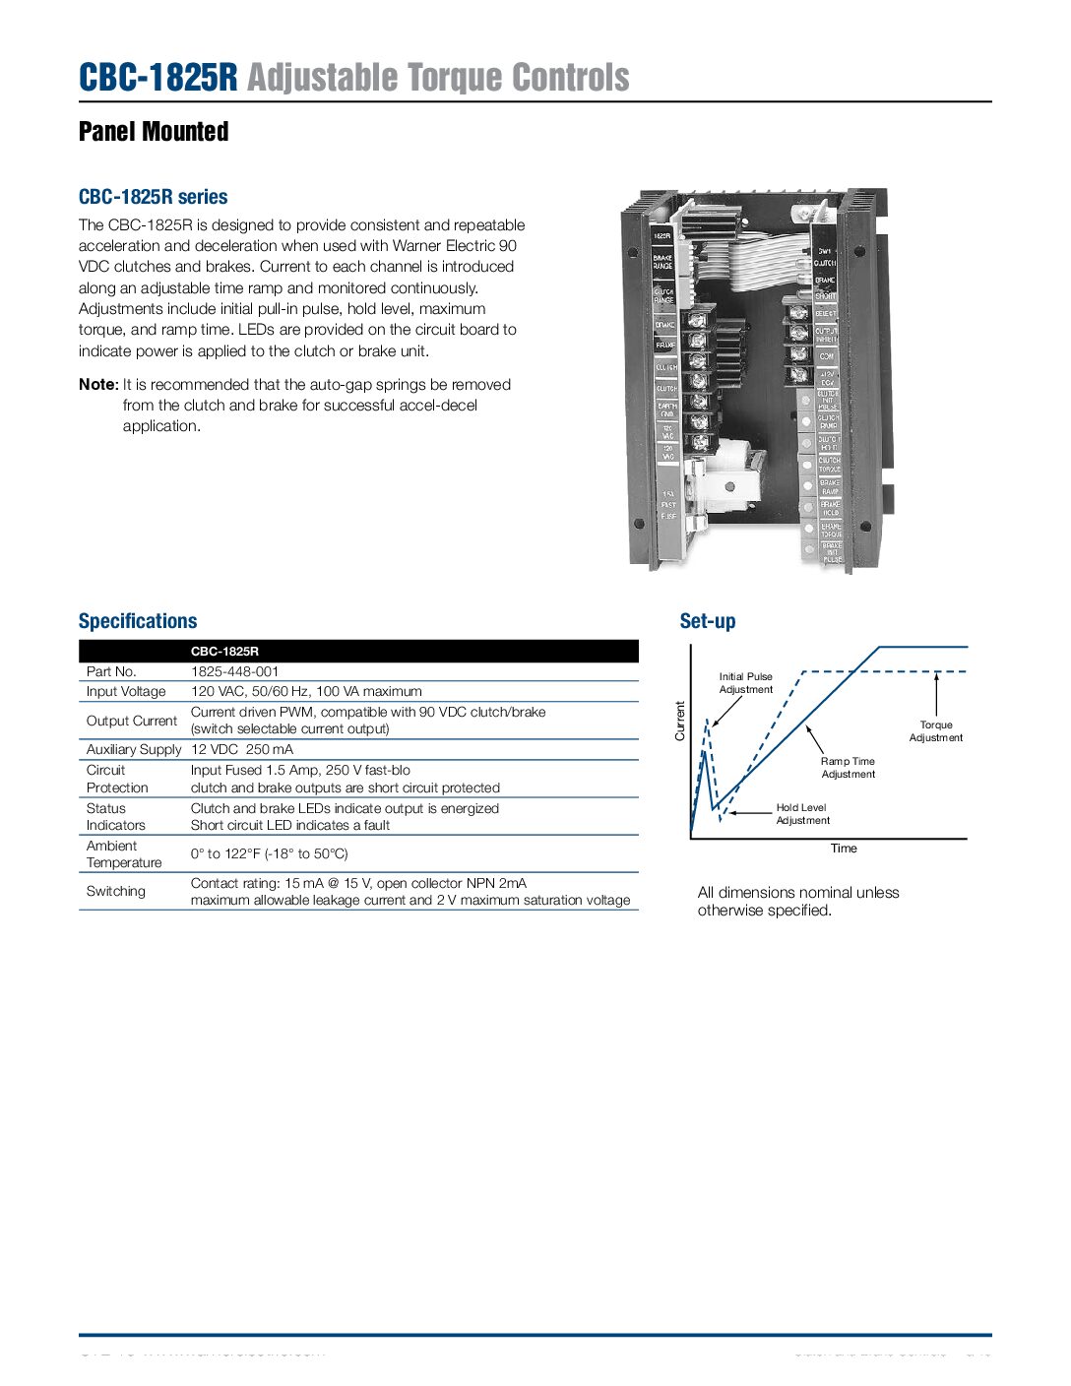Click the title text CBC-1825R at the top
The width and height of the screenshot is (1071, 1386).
point(157,78)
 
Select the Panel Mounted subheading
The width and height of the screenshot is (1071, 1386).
point(154,132)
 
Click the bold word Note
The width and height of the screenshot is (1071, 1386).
point(97,385)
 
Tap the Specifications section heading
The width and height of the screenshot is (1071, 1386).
point(138,621)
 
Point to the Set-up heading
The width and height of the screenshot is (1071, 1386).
point(707,621)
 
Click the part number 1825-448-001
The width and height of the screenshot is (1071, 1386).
point(234,671)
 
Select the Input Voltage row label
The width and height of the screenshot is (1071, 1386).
point(126,691)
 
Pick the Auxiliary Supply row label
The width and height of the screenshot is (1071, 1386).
point(134,749)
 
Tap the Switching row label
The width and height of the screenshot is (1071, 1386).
point(115,891)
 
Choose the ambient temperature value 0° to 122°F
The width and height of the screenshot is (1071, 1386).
point(269,853)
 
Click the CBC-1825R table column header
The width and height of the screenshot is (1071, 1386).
point(224,651)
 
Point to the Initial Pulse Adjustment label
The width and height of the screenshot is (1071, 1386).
point(745,683)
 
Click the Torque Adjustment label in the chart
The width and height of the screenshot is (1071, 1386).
point(935,731)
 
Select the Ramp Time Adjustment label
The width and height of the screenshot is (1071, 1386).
point(848,768)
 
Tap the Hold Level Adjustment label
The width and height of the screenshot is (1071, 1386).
point(802,814)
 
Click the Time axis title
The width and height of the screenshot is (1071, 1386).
point(844,849)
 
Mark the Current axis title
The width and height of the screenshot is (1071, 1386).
point(679,721)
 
